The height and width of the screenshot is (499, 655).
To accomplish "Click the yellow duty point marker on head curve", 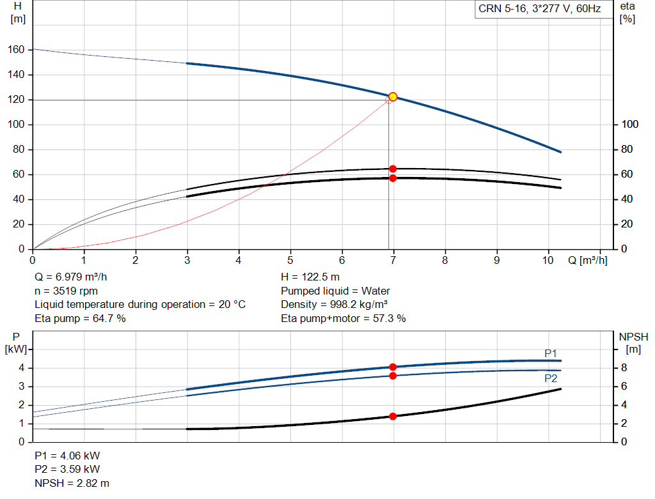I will coord(393,96).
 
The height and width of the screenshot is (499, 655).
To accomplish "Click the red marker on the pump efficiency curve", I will coord(393,169).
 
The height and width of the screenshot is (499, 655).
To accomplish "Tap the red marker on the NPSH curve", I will coord(393,416).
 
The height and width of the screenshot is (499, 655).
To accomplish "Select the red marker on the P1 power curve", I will coord(393,367).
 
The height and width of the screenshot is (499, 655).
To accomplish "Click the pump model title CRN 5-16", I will coord(539,9).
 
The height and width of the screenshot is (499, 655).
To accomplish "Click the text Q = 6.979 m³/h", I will coord(74,277).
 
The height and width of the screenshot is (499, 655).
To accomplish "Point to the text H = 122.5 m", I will coord(311,277).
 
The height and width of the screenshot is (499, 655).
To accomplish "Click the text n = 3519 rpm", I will coord(66,291).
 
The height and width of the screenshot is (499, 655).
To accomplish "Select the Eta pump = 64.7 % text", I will coord(80,318).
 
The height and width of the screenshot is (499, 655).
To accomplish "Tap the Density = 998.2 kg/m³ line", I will coord(335,305).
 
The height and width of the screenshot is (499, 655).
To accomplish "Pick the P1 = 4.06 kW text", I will coord(67,456).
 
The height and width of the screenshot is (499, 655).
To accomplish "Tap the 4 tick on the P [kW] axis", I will coord(21,368).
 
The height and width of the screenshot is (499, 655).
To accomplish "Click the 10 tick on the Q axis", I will coord(548,260).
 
